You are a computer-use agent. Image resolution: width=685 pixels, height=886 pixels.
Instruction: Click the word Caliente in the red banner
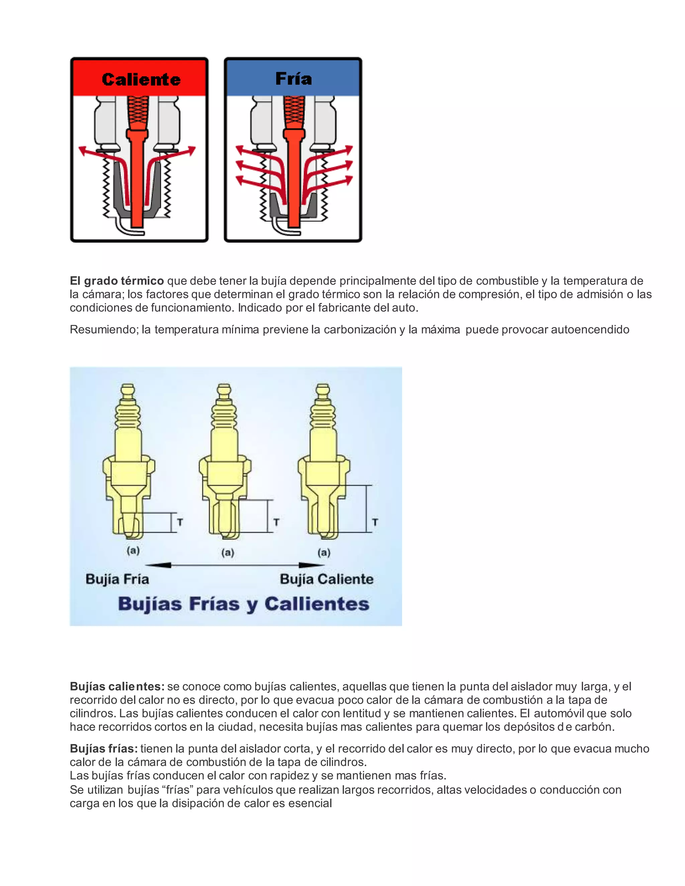coord(141,80)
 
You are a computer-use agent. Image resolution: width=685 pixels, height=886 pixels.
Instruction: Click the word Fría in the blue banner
coord(293,79)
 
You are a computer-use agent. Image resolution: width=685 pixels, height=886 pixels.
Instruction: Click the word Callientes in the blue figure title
coord(317,604)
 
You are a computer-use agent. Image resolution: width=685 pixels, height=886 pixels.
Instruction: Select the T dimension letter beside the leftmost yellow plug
coord(180,522)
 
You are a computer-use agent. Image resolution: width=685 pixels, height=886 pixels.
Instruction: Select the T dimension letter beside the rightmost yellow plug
coord(375,522)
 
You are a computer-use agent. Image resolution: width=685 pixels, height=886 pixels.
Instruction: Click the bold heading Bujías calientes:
coord(117,686)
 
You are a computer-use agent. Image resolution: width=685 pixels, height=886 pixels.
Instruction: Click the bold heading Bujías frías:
coord(103,749)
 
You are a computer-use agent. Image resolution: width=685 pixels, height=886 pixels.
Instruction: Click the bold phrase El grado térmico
coord(116,281)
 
